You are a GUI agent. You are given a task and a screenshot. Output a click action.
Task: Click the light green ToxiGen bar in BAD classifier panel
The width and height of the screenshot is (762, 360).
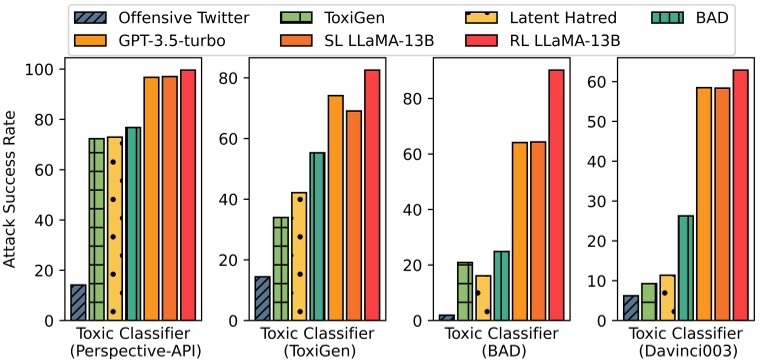click(465, 291)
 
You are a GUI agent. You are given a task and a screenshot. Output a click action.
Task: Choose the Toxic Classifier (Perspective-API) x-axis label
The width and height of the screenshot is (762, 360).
click(133, 343)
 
